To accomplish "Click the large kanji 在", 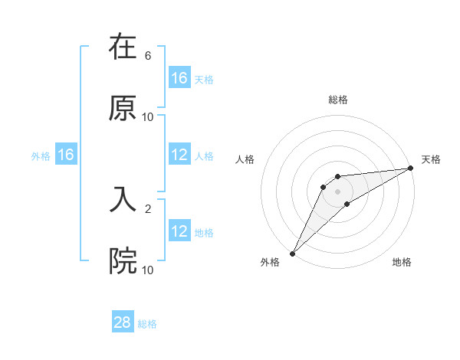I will (x=123, y=47).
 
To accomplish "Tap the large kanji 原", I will (x=123, y=108).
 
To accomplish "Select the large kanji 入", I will (x=123, y=200).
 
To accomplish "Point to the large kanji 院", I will (x=123, y=261).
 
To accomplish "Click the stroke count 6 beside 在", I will (x=148, y=56).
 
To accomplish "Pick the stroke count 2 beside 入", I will (x=148, y=208).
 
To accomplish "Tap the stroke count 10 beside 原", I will (x=148, y=117).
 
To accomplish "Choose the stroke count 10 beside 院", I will (x=148, y=270).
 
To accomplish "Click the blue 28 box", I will (x=123, y=323).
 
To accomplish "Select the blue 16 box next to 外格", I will (x=66, y=155).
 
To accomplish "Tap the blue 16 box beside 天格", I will (x=179, y=78).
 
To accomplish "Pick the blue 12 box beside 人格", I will (x=179, y=155).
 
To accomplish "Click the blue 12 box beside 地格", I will (x=179, y=231).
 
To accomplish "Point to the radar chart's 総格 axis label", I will (x=338, y=100).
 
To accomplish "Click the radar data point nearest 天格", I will (x=411, y=169).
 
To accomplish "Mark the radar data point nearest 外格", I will (x=292, y=253).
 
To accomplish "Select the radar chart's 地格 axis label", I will (x=402, y=263).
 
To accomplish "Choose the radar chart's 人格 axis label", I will (x=245, y=159).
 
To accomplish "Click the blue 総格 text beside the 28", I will (x=148, y=324).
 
